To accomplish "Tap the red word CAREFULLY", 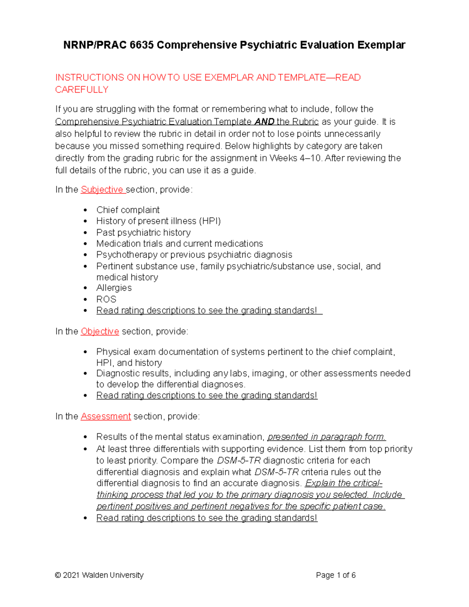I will (x=82, y=90).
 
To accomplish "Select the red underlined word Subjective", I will (x=102, y=190).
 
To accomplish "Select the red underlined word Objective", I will (x=100, y=331).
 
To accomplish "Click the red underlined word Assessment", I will (x=106, y=417).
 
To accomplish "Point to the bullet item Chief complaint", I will (x=128, y=210).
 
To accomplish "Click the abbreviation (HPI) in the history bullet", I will (x=210, y=221).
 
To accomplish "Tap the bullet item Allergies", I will (x=114, y=288).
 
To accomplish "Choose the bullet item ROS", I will (x=106, y=299).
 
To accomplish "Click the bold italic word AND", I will (x=264, y=122).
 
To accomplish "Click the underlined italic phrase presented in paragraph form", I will (x=326, y=437).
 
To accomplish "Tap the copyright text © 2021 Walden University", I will (x=99, y=575).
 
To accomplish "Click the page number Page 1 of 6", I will (x=336, y=575).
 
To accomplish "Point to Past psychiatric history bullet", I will (x=143, y=233).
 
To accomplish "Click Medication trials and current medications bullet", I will (x=179, y=244).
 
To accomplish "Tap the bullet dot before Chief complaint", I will (x=86, y=210).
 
